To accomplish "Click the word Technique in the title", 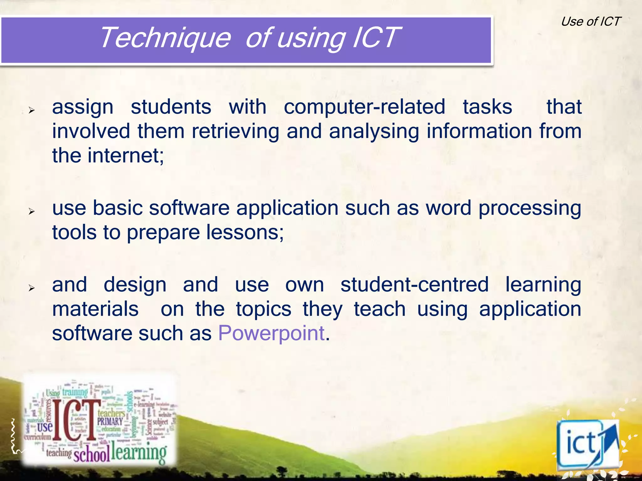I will [x=165, y=38].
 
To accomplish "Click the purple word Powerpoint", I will [x=271, y=333].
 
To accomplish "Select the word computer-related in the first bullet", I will [x=364, y=107].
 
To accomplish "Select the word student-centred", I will [x=414, y=285].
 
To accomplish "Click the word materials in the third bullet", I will [x=95, y=309].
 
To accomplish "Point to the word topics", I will [x=264, y=309].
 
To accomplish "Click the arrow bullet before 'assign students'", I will [x=31, y=110].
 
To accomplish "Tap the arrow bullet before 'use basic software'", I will [x=31, y=211].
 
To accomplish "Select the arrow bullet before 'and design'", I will [x=31, y=288].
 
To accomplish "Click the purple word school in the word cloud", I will [x=92, y=454].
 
